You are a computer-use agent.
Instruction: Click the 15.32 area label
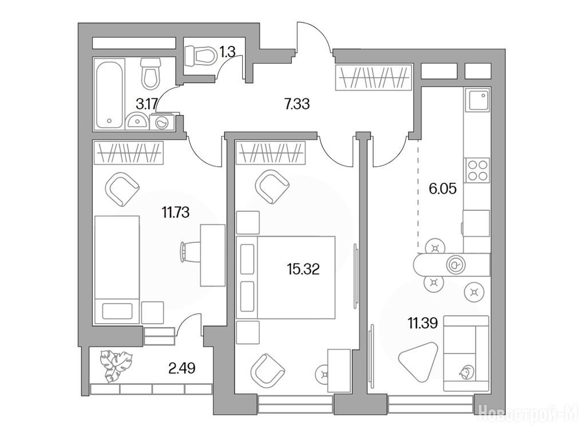coord(303,269)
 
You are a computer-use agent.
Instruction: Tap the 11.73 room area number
coord(175,213)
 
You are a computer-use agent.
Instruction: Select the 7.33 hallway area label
coord(297,104)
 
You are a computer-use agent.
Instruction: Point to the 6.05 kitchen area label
coord(442,188)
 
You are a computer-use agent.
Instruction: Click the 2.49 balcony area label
coord(181,368)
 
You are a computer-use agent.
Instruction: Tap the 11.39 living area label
coord(422,323)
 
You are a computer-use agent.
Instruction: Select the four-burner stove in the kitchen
coord(477,170)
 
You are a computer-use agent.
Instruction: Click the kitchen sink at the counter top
coord(477,100)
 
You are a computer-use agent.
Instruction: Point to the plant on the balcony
coord(116,366)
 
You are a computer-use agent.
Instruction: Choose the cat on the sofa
coord(466,372)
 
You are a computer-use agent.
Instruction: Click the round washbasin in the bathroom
coord(136,121)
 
